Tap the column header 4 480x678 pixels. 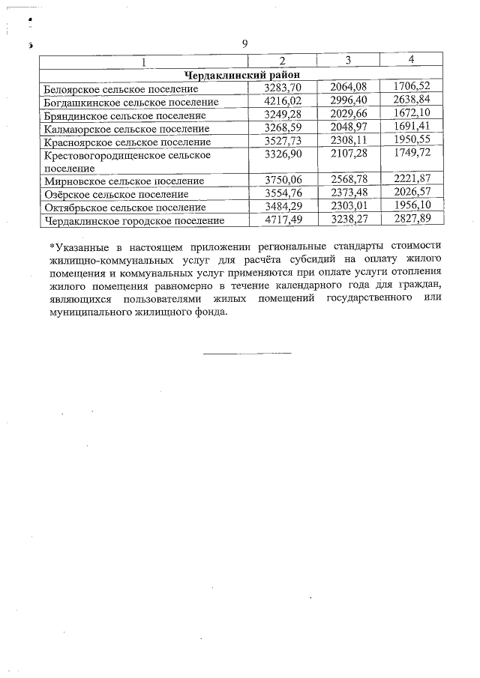[411, 59]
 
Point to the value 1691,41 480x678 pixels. [412, 127]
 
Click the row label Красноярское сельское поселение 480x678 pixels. [127, 142]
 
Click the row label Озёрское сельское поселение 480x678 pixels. [116, 194]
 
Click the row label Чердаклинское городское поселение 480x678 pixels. [134, 221]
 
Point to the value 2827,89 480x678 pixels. [412, 220]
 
